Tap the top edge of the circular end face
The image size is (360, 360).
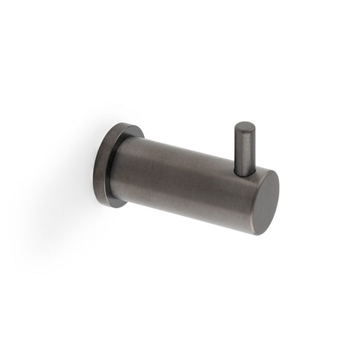tap(262, 171)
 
